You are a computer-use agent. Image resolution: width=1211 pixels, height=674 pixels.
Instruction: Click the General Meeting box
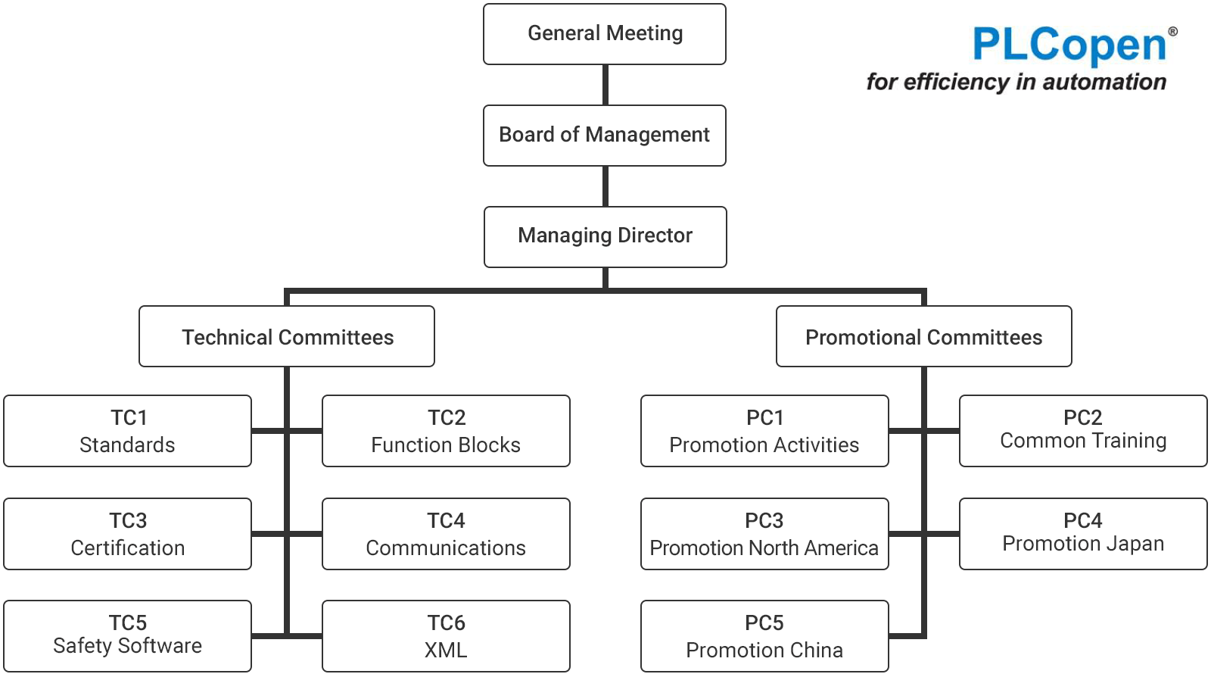point(605,34)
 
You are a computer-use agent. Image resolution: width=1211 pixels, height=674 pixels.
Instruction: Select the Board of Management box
point(605,136)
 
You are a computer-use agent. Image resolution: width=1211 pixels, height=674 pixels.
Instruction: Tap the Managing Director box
point(605,237)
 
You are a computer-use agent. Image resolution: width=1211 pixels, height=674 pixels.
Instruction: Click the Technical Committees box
point(287,336)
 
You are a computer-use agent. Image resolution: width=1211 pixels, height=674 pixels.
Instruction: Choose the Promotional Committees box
point(924,336)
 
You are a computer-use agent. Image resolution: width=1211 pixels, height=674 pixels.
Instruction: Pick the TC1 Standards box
point(128,431)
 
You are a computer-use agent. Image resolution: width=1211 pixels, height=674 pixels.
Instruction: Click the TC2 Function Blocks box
point(446,431)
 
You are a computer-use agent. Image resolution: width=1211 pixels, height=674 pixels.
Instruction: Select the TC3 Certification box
point(128,534)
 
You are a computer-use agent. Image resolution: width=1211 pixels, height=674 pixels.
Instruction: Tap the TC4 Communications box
point(446,534)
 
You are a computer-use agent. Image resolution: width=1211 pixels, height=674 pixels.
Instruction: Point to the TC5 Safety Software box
point(128,636)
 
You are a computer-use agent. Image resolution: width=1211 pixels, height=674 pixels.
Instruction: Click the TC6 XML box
point(446,636)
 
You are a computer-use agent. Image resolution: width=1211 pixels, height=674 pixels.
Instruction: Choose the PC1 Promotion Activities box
point(764,431)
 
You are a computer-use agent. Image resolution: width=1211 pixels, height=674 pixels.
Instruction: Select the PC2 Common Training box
point(1083,431)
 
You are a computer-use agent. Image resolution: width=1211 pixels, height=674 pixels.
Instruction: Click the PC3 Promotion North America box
point(764,534)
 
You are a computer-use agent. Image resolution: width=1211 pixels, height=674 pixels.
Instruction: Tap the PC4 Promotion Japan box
point(1083,534)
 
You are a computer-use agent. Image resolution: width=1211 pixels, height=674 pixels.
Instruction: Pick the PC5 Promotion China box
point(764,636)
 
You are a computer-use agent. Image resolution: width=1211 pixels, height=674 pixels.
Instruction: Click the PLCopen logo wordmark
point(1069,45)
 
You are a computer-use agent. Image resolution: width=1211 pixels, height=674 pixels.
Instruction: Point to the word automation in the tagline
point(1104,83)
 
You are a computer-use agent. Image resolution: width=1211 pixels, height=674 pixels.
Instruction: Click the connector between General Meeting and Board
point(605,85)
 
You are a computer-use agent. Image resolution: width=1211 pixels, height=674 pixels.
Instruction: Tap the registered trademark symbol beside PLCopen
point(1172,31)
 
